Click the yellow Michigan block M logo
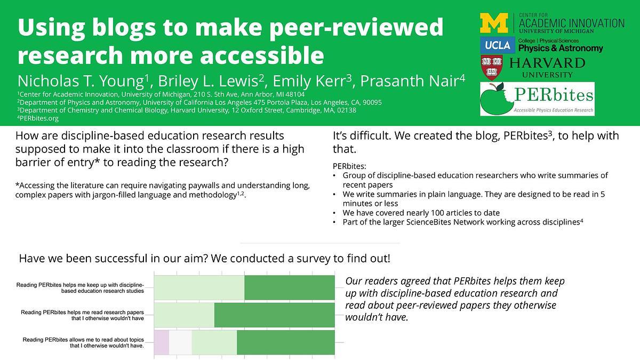pos(494,23)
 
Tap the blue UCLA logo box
pos(498,45)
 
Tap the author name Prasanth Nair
pos(410,81)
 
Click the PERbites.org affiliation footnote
pos(38,118)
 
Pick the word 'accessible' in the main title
pos(262,55)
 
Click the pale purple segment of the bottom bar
pos(162,342)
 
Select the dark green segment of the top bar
pos(290,287)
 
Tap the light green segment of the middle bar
pos(185,315)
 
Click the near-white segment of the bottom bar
pos(180,342)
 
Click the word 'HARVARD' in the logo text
pos(547,63)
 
